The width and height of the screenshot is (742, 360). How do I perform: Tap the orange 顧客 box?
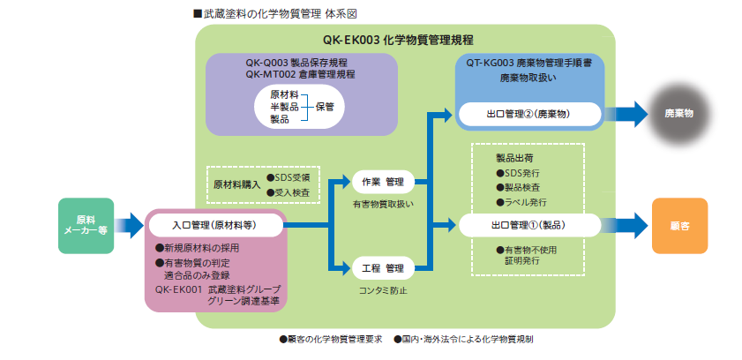[680, 225]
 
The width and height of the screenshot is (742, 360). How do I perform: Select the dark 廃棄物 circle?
[678, 115]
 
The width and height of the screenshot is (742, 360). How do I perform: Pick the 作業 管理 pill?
[382, 182]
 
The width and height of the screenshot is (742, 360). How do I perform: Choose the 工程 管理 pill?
[382, 266]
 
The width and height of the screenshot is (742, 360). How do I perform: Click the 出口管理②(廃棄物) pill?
[530, 115]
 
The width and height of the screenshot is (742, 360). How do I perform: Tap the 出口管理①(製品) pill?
[529, 225]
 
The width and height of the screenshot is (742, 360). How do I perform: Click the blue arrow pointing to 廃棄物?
[627, 115]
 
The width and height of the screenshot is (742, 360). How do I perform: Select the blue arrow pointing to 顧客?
[627, 225]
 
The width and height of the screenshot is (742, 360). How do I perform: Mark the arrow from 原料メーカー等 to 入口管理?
[129, 225]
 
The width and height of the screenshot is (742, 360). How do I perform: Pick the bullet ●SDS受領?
[288, 176]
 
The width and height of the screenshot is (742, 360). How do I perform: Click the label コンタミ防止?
[382, 289]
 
